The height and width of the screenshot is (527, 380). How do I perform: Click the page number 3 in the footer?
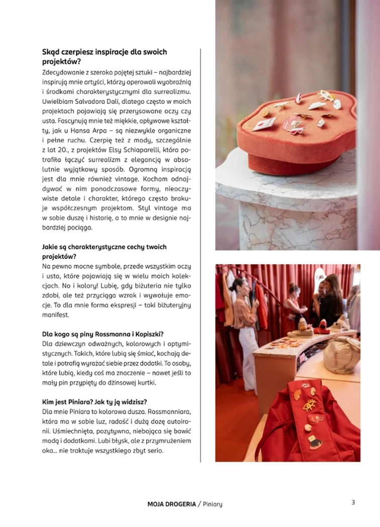[353, 502]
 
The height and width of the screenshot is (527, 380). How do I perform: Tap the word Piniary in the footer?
[213, 504]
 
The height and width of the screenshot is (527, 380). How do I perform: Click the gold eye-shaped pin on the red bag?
[310, 405]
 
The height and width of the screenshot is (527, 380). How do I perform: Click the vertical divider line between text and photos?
[201, 251]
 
